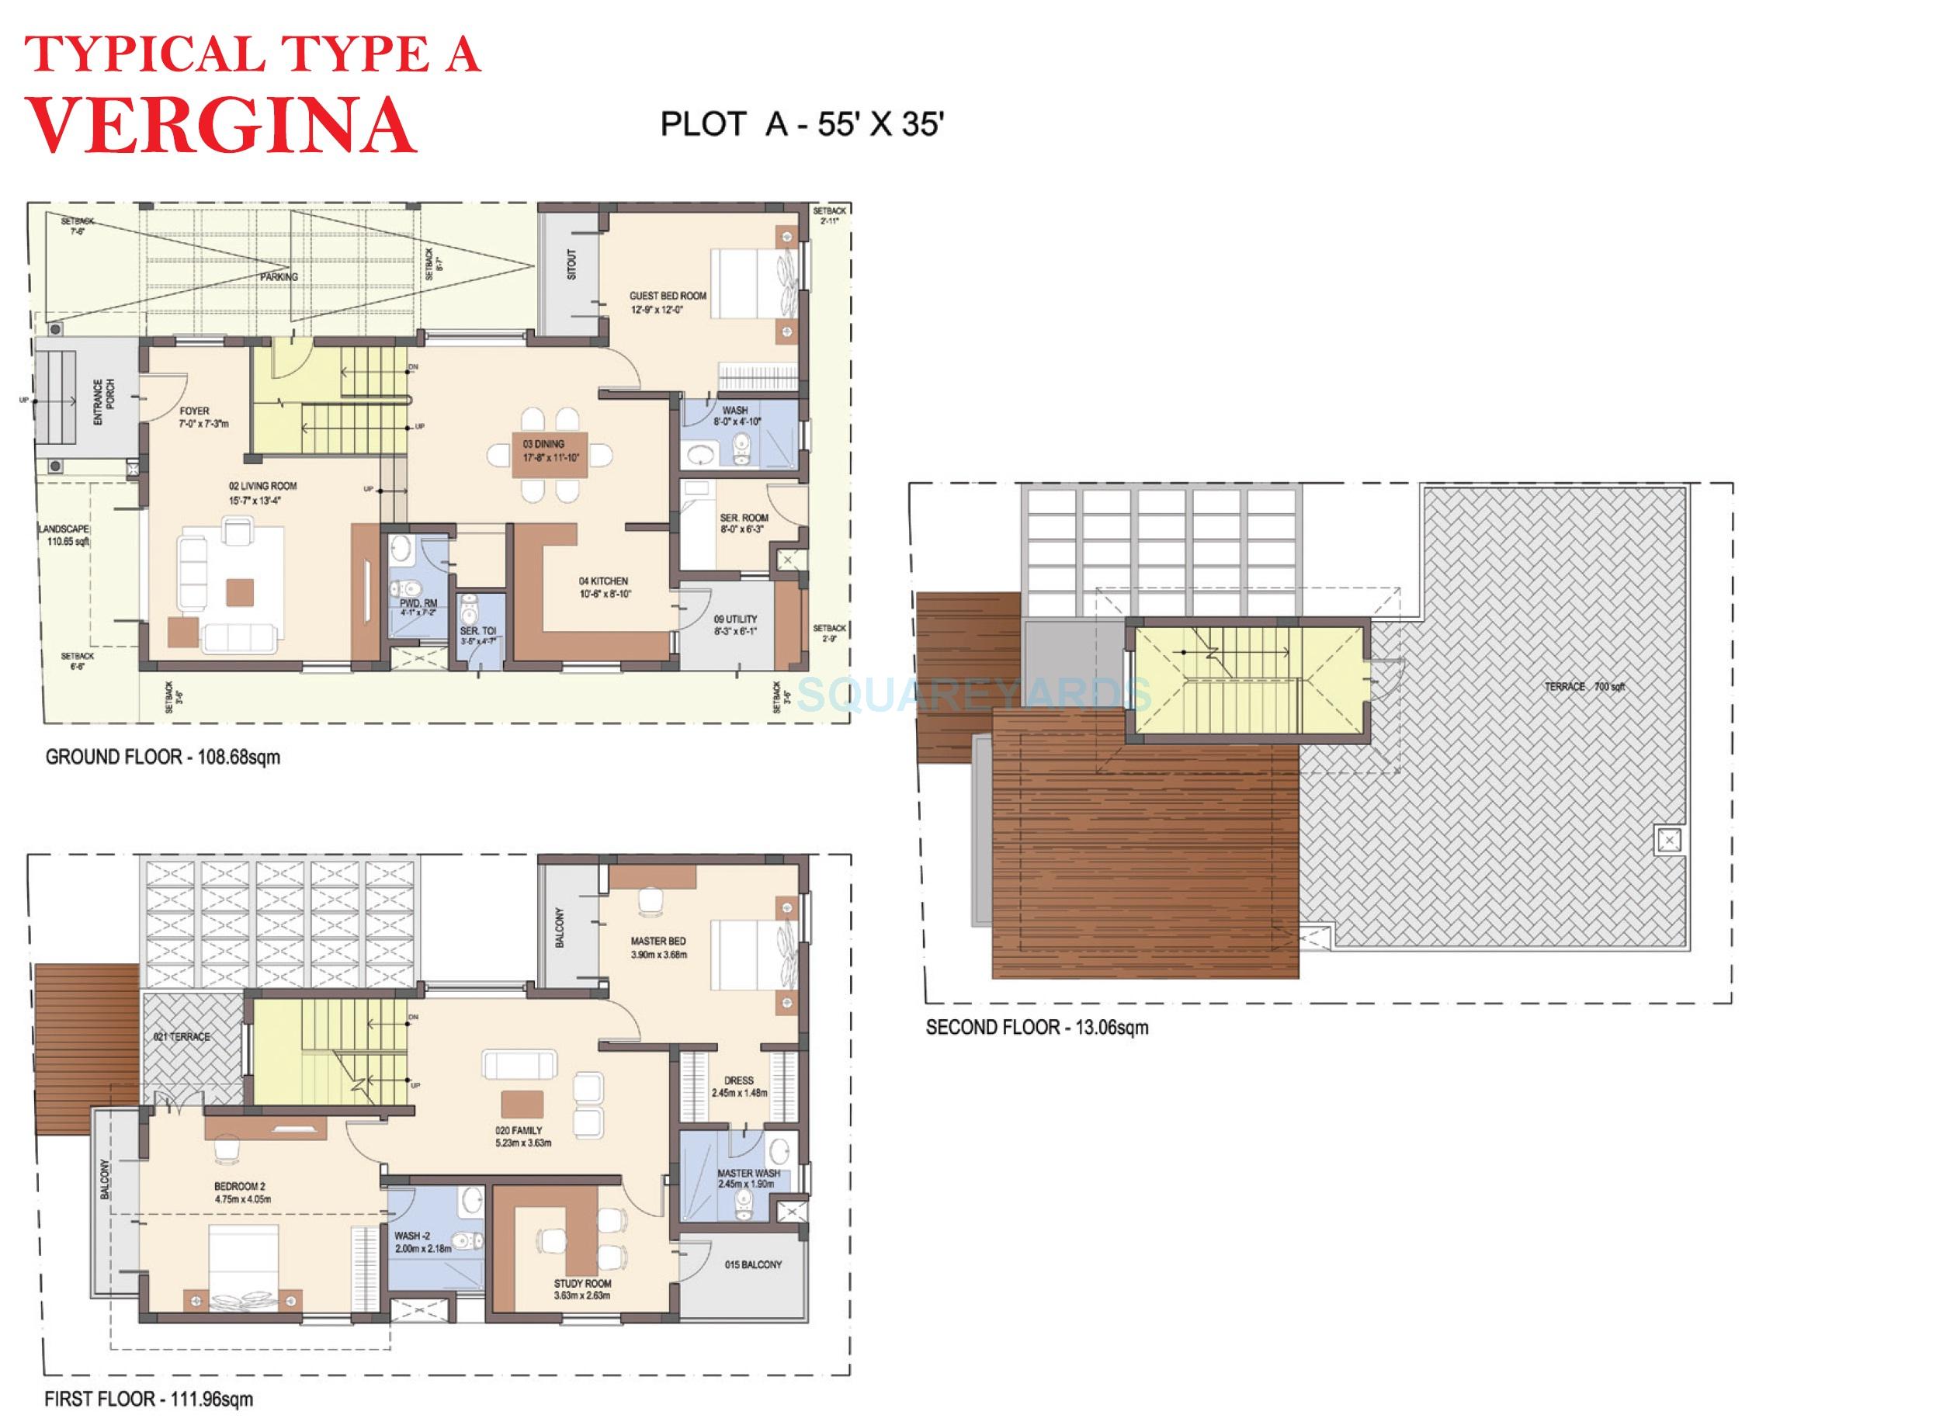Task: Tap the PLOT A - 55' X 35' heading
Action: coord(803,125)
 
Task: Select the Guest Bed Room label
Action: coord(668,296)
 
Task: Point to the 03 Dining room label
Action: coord(543,444)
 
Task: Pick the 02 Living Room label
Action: coord(262,487)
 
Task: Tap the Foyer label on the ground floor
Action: coord(195,411)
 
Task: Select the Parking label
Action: coord(279,277)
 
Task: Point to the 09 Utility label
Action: coord(735,619)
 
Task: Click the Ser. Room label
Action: coord(744,519)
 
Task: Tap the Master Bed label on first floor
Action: coord(658,942)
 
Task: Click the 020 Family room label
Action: coord(519,1131)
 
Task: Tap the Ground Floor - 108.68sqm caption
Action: coord(163,758)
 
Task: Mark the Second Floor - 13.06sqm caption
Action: coord(1036,1027)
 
